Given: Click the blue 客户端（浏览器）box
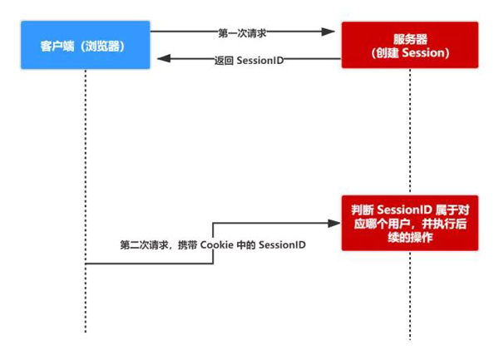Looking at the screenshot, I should (84, 46).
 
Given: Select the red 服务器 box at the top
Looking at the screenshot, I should (409, 46).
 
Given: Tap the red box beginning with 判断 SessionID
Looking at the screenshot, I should (409, 222).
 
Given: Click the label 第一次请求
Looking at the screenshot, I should (241, 32).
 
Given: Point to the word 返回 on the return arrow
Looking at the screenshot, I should (224, 60).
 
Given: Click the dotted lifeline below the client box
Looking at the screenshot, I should (85, 166).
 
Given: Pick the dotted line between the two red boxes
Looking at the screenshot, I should (409, 133).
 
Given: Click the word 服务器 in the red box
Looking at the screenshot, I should (409, 39).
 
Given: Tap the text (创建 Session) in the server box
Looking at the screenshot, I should (409, 53).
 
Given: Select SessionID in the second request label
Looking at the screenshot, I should (282, 245).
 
